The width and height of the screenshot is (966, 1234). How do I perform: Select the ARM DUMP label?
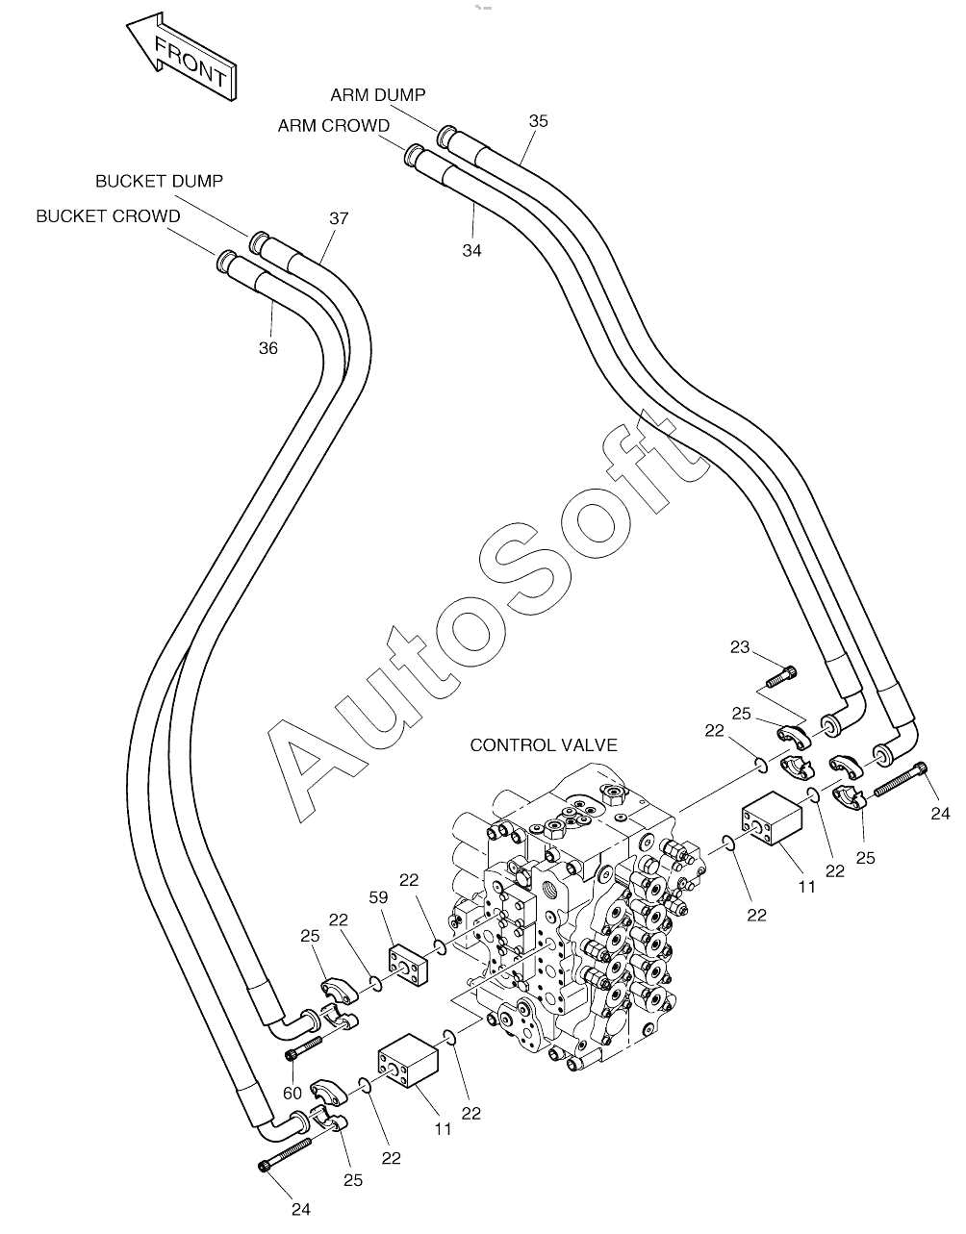378,95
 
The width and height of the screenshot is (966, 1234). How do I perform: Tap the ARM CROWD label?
333,125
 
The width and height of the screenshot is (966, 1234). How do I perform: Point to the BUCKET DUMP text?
159,181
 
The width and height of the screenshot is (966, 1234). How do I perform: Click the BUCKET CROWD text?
108,216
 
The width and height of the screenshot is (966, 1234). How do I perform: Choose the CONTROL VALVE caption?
544,745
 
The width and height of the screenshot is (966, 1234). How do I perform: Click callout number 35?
539,121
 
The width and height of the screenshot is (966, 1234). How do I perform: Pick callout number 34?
471,250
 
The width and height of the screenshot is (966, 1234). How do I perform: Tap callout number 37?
339,218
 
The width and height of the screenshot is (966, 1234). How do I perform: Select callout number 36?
268,348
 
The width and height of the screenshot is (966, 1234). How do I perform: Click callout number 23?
739,646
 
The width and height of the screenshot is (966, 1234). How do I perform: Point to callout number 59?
378,897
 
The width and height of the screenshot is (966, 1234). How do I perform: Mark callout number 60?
292,1094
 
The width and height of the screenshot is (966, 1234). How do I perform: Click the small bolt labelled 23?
781,676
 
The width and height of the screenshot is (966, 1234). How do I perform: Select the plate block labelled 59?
408,963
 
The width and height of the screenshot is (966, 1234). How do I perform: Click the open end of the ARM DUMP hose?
445,136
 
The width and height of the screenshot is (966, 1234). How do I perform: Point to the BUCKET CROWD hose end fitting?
227,260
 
